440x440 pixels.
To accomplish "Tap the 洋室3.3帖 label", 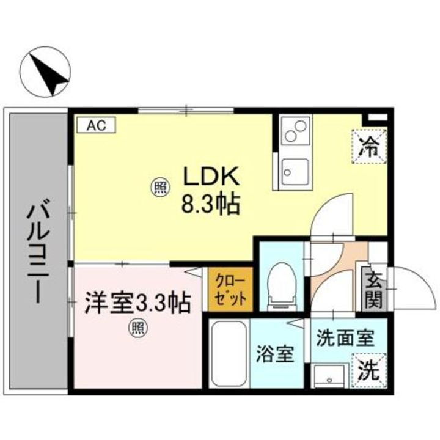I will (x=137, y=301).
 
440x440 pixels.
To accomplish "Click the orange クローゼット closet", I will (x=230, y=290).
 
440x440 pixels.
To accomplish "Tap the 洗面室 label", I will (x=342, y=336).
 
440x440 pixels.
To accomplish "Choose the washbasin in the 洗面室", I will (x=329, y=375).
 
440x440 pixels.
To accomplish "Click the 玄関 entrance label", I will (x=373, y=290).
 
